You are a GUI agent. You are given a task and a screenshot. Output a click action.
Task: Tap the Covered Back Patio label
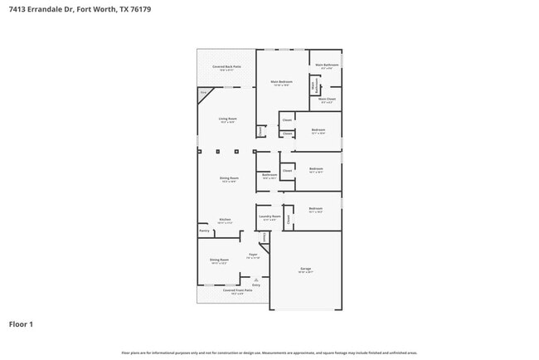click(x=226, y=66)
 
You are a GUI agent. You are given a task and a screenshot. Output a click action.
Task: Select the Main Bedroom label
click(x=282, y=81)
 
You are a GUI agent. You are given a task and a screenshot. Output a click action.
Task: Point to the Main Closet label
click(x=328, y=100)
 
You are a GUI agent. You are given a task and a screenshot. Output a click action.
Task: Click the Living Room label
click(x=228, y=119)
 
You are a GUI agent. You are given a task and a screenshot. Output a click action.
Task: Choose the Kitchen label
click(x=225, y=220)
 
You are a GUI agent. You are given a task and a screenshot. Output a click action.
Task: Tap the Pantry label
click(x=204, y=231)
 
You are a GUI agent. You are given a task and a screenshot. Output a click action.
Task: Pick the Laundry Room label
click(x=269, y=216)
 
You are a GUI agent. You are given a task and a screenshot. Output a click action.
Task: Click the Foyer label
click(x=253, y=255)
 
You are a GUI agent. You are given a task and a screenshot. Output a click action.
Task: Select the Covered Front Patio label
click(x=236, y=290)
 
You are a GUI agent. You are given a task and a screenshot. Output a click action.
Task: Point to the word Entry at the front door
click(x=244, y=285)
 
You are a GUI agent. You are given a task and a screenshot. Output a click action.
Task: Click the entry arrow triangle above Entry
click(x=244, y=280)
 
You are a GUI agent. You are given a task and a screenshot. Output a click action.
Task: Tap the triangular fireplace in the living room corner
click(x=203, y=95)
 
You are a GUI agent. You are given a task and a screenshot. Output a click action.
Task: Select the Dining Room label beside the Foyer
click(x=219, y=260)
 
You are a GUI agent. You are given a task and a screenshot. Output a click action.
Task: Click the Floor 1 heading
click(x=21, y=324)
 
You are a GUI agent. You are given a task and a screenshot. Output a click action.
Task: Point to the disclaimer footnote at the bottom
click(x=269, y=353)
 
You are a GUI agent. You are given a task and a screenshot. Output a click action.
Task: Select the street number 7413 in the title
click(x=18, y=10)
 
